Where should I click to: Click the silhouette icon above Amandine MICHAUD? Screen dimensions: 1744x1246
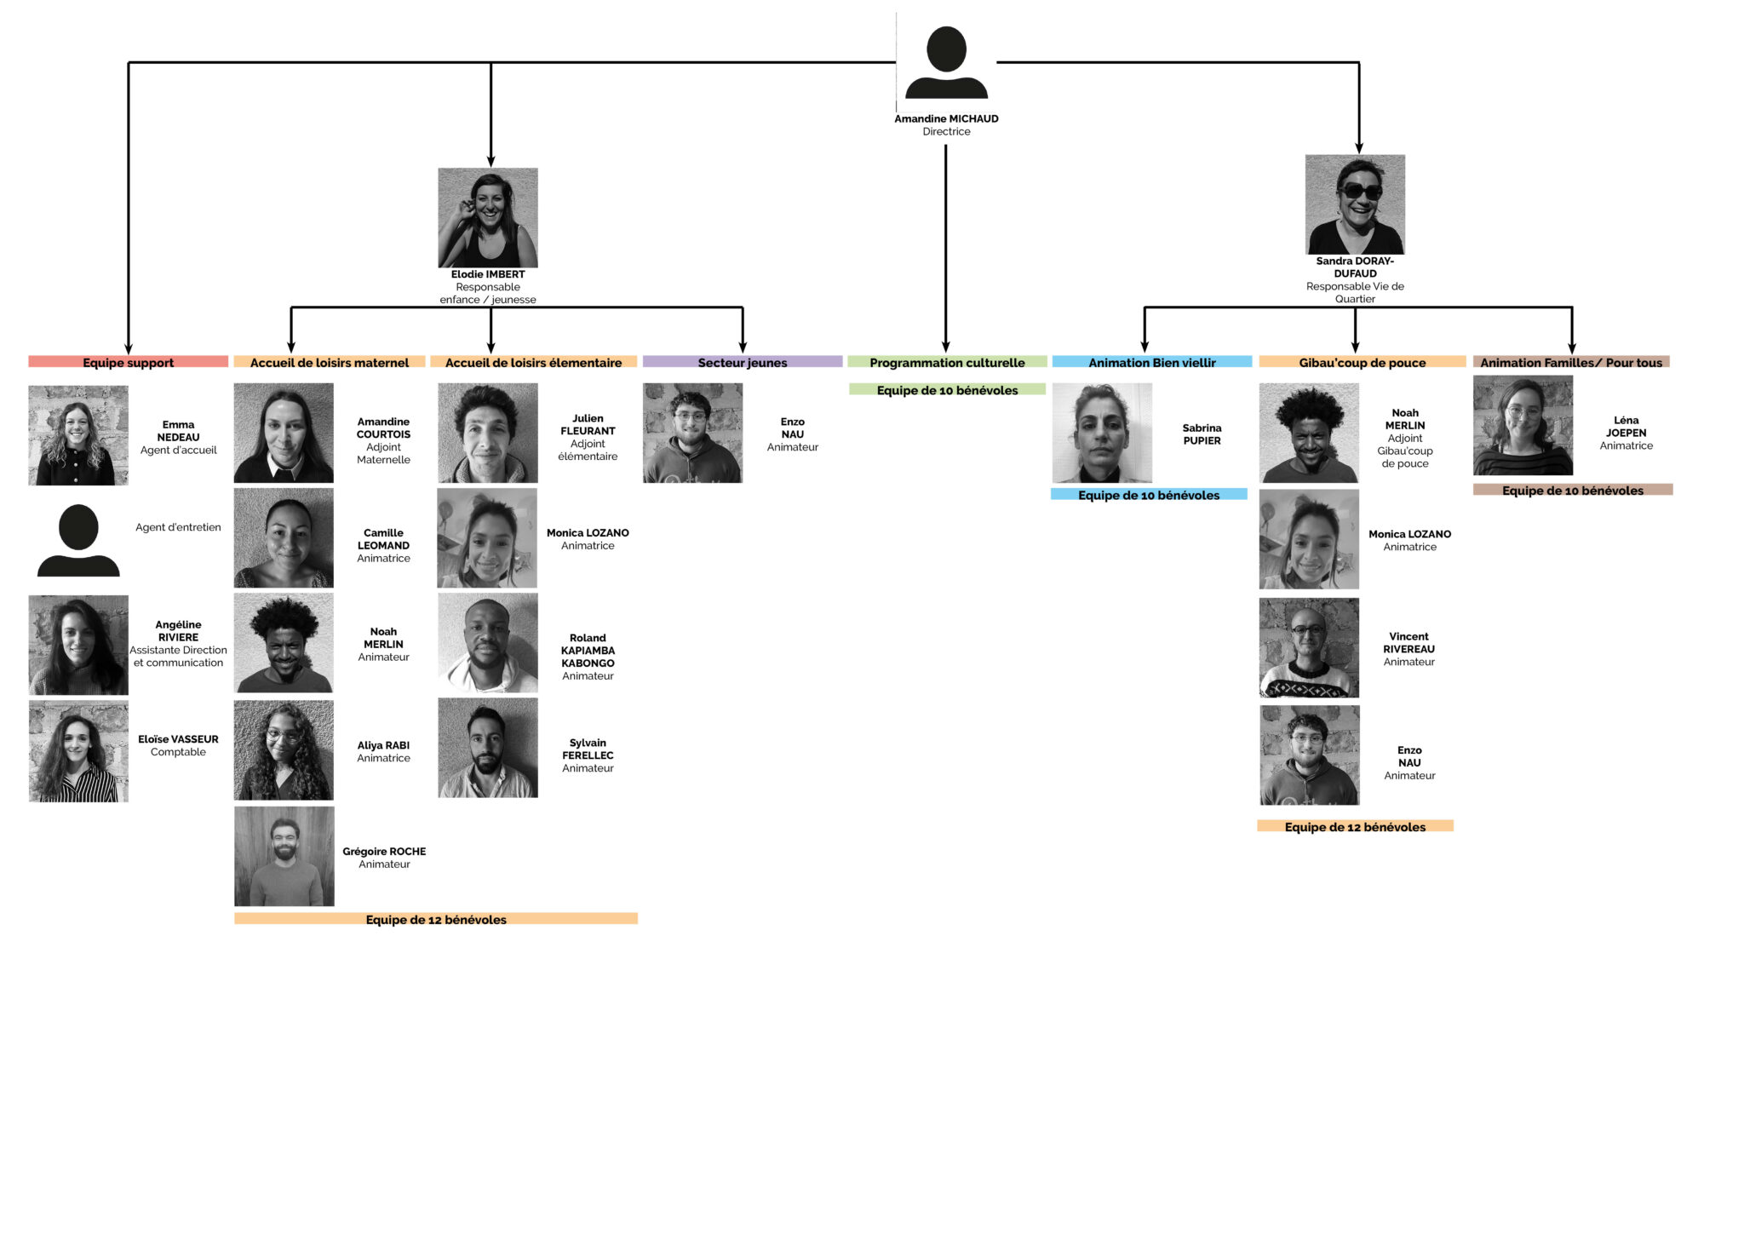pos(946,62)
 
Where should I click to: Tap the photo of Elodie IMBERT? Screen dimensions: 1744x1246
pos(488,218)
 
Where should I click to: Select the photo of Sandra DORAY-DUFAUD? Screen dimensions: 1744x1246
pos(1355,204)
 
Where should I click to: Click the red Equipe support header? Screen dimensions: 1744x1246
pos(128,362)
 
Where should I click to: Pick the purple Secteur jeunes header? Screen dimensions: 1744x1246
pos(743,362)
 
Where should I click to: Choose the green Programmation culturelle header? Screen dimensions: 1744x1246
pos(947,362)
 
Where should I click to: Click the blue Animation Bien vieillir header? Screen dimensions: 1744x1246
pos(1152,362)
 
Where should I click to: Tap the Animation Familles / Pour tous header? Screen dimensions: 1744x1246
pos(1571,362)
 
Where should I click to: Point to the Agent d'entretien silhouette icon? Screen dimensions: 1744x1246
pos(78,540)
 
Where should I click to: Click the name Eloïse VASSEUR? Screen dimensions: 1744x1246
pos(178,739)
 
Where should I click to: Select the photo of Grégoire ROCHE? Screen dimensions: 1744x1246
pos(284,857)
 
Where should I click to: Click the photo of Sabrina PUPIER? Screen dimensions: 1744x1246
pos(1102,433)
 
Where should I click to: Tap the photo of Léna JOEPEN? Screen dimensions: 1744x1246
pos(1523,426)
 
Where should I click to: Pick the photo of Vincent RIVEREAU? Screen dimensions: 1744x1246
pos(1309,648)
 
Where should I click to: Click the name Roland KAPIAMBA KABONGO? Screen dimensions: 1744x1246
pos(588,651)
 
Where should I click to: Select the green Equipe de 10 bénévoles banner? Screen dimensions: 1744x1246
pos(947,389)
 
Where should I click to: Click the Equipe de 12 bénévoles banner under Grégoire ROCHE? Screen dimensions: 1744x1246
pos(436,919)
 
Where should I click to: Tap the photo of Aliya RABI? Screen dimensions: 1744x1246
pos(284,750)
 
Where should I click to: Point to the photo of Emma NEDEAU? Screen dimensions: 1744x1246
pos(78,435)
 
